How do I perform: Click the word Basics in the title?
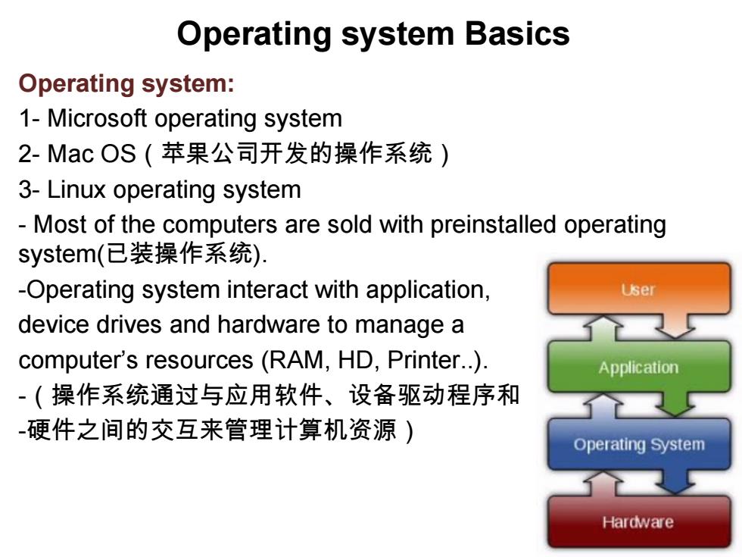click(x=517, y=34)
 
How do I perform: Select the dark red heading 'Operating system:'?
click(x=126, y=84)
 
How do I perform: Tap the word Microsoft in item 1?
click(x=97, y=118)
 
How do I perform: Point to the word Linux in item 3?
click(x=76, y=189)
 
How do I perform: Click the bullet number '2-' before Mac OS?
click(x=29, y=154)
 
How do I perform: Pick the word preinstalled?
click(x=493, y=224)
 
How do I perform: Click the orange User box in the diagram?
click(x=639, y=289)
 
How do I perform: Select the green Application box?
click(x=639, y=367)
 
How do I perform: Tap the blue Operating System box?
click(x=639, y=444)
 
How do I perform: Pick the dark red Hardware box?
click(x=639, y=521)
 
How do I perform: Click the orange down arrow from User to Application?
click(x=675, y=326)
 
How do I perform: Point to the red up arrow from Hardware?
click(x=603, y=483)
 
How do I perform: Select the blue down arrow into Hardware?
click(x=675, y=481)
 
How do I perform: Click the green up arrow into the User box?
click(x=603, y=328)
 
